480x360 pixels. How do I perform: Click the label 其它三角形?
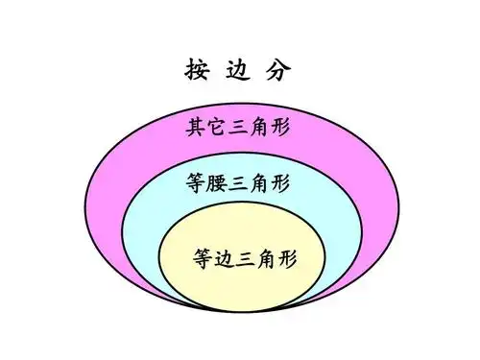pos(238,127)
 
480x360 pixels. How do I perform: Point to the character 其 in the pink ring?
pos(196,127)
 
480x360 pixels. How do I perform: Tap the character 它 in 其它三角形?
pos(217,127)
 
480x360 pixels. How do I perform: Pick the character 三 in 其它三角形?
pos(238,127)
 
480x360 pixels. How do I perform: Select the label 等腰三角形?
pos(239,181)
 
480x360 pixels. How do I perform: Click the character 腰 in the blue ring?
pos(218,181)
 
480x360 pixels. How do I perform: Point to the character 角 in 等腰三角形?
pos(260,181)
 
